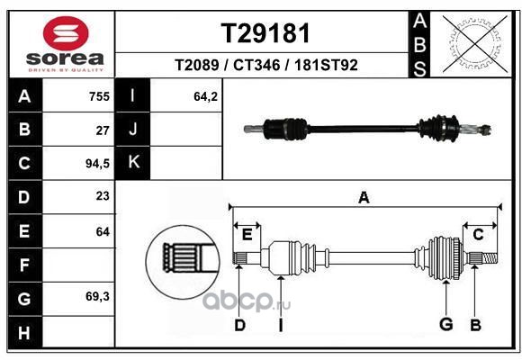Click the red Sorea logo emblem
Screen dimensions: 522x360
pyautogui.click(x=66, y=33)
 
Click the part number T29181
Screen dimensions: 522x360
pyautogui.click(x=265, y=33)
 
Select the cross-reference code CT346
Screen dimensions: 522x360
pyautogui.click(x=256, y=65)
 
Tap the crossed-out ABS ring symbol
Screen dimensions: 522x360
pyautogui.click(x=475, y=43)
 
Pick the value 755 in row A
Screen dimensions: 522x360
pyautogui.click(x=99, y=96)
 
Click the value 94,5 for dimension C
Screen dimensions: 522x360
pyautogui.click(x=97, y=164)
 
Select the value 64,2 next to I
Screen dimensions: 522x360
pyautogui.click(x=206, y=96)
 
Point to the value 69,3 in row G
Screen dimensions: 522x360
pyautogui.click(x=97, y=296)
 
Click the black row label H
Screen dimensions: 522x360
pyautogui.click(x=24, y=332)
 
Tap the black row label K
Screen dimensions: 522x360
pyautogui.click(x=133, y=162)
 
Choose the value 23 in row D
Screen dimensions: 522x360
pyautogui.click(x=103, y=196)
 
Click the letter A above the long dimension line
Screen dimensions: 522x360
pyautogui.click(x=364, y=197)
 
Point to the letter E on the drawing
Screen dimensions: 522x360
pyautogui.click(x=247, y=235)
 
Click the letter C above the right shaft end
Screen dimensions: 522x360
pyautogui.click(x=478, y=235)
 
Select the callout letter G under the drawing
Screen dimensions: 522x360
pyautogui.click(x=446, y=324)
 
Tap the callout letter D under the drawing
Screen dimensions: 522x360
pyautogui.click(x=239, y=325)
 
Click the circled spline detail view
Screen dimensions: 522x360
pyautogui.click(x=183, y=262)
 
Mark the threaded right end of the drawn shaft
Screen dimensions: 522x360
pyautogui.click(x=490, y=258)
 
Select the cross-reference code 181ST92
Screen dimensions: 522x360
pyautogui.click(x=326, y=65)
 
